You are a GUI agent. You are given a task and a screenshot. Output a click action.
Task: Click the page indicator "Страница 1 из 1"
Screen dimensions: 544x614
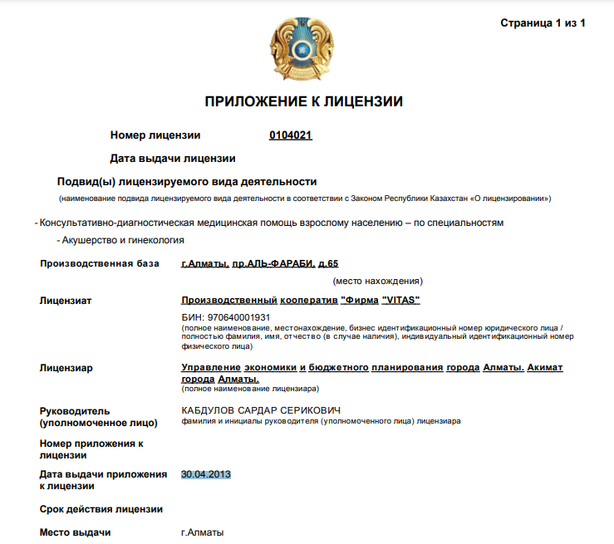pos(543,23)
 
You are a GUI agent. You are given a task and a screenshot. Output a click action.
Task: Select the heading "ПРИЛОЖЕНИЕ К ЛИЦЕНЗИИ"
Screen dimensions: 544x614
pos(303,102)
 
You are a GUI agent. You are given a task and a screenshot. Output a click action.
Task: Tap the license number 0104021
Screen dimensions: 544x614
pos(290,135)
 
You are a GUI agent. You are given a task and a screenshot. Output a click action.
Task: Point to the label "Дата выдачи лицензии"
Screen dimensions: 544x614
pos(173,158)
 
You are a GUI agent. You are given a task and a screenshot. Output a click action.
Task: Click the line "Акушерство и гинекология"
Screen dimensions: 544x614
pos(123,240)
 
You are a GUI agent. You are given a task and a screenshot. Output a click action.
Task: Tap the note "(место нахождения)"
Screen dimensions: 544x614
pos(378,281)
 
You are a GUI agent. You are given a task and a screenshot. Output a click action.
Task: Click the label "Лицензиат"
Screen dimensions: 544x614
pos(66,300)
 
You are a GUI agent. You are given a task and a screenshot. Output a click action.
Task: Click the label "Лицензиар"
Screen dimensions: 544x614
pos(66,368)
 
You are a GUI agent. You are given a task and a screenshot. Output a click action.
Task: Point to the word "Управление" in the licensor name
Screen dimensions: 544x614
pos(210,368)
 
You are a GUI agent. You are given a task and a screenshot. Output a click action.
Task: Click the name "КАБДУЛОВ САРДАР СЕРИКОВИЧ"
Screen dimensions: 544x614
pos(261,411)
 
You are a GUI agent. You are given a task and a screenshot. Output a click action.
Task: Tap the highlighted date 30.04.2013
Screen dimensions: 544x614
pos(206,474)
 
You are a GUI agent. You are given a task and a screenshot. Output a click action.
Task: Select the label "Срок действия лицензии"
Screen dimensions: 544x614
pos(101,509)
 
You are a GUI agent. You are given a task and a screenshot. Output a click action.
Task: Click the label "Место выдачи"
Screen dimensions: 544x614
pos(76,532)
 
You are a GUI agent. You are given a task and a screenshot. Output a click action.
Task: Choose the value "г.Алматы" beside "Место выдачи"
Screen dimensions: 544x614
pos(203,532)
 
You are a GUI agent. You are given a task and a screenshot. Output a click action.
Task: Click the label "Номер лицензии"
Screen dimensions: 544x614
pos(155,135)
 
